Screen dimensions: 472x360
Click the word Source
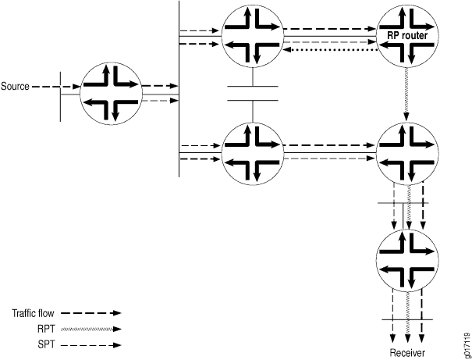pos(15,87)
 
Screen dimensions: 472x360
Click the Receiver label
pos(407,352)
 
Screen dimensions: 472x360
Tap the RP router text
pos(407,36)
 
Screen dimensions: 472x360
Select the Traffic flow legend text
pos(33,313)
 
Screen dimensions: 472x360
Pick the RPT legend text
pos(46,329)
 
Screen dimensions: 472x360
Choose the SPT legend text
pos(46,344)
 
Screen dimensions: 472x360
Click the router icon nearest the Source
pos(111,94)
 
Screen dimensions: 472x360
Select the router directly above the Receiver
pos(407,260)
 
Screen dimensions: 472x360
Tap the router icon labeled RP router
pos(407,36)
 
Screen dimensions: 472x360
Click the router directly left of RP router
pos(252,36)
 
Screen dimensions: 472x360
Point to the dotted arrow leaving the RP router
pos(331,49)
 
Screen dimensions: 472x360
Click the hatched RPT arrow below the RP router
pos(406,94)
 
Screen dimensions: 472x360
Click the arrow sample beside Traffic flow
pos(90,313)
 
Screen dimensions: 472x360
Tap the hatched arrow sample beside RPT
pos(91,329)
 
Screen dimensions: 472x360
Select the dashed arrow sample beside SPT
pos(91,345)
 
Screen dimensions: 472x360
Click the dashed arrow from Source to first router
pos(56,87)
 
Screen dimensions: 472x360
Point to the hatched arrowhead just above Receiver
pos(407,338)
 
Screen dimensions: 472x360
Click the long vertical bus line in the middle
pos(179,89)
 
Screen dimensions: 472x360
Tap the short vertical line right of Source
pos(61,97)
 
